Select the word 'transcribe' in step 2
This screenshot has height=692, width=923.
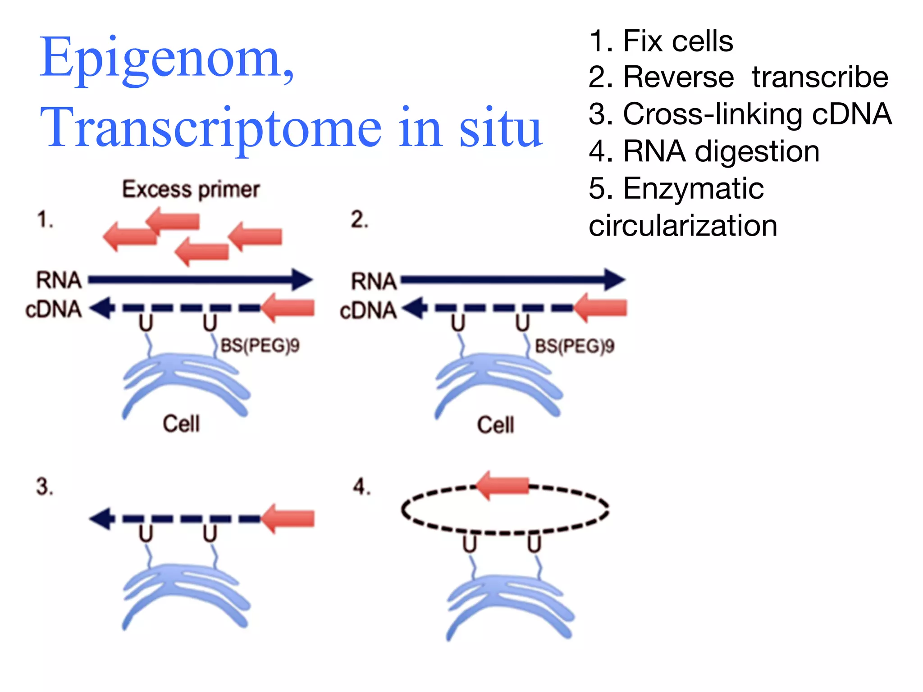pos(820,77)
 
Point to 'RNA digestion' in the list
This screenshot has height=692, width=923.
pos(721,151)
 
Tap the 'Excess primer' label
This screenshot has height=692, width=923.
pos(191,190)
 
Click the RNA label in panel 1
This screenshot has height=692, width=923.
pos(59,280)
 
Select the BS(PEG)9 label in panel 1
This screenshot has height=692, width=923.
pos(260,346)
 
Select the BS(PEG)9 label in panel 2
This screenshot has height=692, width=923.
pos(574,346)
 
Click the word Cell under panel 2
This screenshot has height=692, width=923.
pos(495,425)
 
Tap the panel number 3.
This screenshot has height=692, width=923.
pos(44,487)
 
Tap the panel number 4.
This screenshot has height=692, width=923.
pos(361,487)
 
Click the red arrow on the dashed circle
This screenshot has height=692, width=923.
pos(502,485)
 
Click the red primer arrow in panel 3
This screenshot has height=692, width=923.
pos(288,519)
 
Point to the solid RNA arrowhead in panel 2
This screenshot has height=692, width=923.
pos(614,280)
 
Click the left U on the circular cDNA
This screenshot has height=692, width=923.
pos(469,544)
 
